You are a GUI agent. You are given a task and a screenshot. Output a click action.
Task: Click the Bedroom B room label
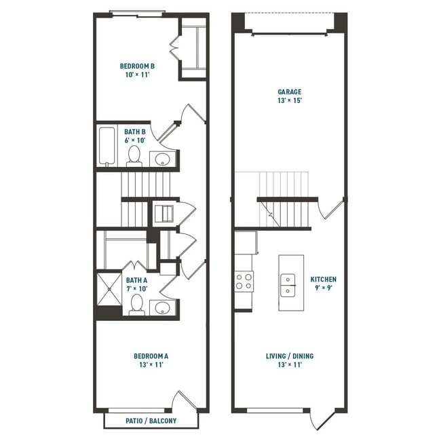[137, 66]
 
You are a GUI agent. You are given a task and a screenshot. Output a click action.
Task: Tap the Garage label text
[289, 92]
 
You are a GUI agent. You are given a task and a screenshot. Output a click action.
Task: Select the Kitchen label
[323, 279]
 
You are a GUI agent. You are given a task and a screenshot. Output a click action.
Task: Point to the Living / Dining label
[289, 356]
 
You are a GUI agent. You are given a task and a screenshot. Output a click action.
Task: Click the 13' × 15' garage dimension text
[289, 100]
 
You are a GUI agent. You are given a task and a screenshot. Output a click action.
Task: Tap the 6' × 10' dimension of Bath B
[135, 140]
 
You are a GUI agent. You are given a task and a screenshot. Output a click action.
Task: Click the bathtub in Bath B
[107, 146]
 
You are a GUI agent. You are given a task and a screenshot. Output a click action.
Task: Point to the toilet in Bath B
[134, 155]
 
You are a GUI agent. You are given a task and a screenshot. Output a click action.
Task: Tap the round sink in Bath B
[163, 159]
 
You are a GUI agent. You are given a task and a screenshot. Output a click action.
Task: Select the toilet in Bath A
[136, 304]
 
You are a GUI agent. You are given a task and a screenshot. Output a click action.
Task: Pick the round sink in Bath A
[163, 309]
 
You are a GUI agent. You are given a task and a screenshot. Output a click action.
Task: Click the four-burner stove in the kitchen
[244, 281]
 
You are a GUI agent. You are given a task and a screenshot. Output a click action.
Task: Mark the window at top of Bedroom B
[137, 13]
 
